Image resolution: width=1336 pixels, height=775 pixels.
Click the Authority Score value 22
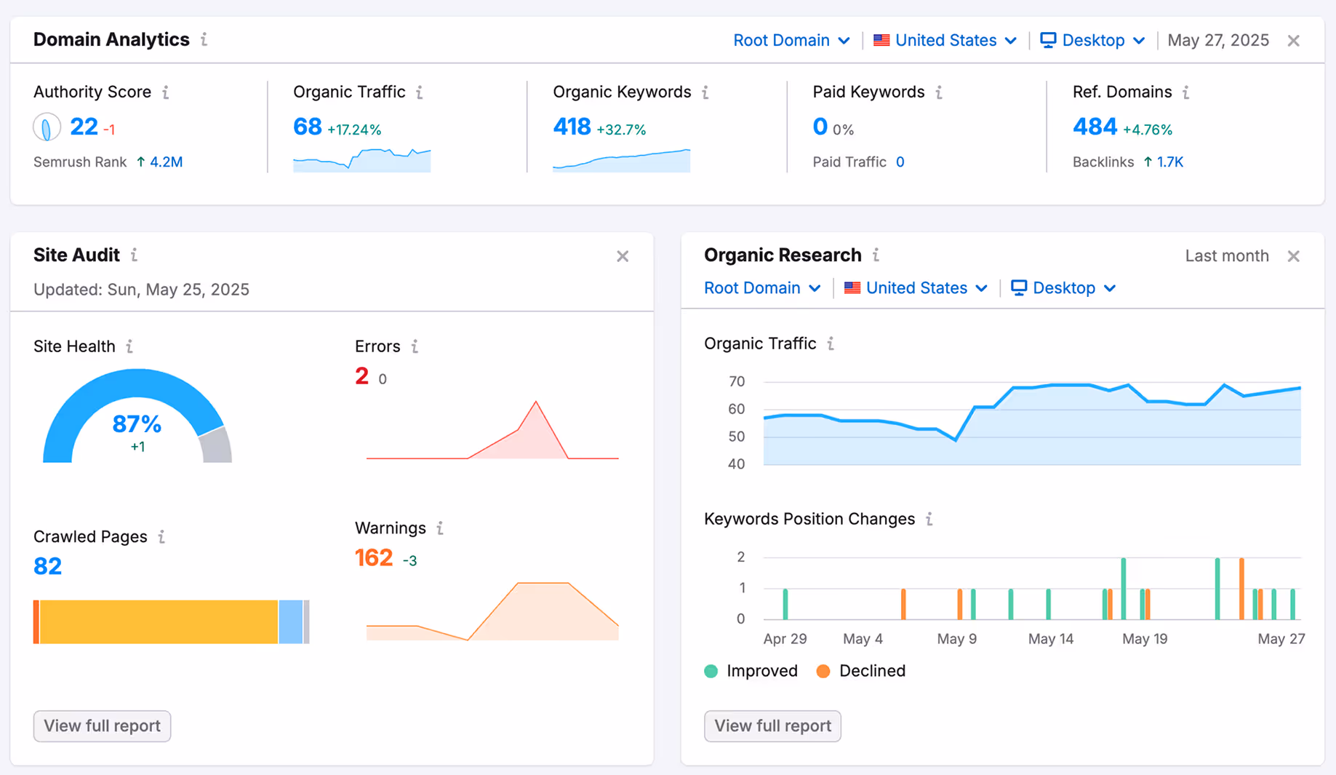pyautogui.click(x=84, y=127)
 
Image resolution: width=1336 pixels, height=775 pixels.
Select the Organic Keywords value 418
pyautogui.click(x=572, y=127)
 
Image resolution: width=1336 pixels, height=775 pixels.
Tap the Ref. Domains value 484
pyautogui.click(x=1094, y=127)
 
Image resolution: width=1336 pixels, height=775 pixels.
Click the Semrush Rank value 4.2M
pyautogui.click(x=166, y=162)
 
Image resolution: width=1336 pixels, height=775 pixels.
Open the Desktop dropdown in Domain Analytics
pyautogui.click(x=1092, y=41)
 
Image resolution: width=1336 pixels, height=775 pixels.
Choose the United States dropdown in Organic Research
pyautogui.click(x=916, y=288)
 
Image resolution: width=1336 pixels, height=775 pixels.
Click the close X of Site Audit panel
pyautogui.click(x=623, y=256)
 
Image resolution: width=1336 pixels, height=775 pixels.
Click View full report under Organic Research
pyautogui.click(x=772, y=726)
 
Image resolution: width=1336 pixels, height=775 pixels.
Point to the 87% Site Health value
pyautogui.click(x=137, y=424)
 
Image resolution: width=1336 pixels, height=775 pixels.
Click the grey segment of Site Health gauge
pyautogui.click(x=216, y=446)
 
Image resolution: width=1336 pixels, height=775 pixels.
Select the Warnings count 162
pyautogui.click(x=374, y=558)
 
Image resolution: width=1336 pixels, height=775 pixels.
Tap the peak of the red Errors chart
pyautogui.click(x=536, y=402)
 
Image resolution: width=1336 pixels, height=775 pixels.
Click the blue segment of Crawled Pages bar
pyautogui.click(x=290, y=622)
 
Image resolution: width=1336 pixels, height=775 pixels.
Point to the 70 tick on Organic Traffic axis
pyautogui.click(x=736, y=382)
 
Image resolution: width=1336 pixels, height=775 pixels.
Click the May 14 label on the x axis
pyautogui.click(x=1050, y=639)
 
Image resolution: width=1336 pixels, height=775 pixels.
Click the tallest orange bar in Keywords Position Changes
pyautogui.click(x=1241, y=588)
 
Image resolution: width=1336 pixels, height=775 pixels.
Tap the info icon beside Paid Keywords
pyautogui.click(x=939, y=92)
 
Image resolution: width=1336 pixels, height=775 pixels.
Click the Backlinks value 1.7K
pyautogui.click(x=1169, y=162)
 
